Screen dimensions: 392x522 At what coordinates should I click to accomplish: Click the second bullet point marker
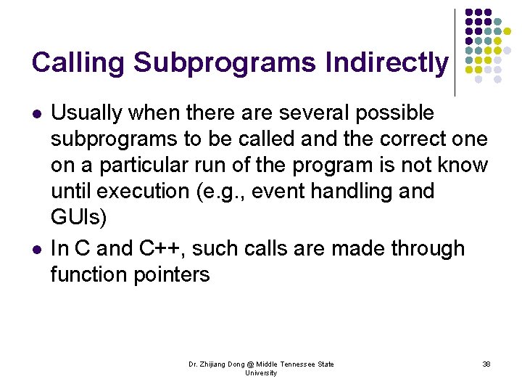tap(36, 250)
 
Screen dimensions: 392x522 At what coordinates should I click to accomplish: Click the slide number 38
tap(486, 364)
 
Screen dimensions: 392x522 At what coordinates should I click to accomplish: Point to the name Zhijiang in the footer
tap(217, 364)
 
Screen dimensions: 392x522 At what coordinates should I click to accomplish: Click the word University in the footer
tap(261, 373)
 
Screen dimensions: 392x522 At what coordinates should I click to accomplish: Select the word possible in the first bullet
tap(398, 113)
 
